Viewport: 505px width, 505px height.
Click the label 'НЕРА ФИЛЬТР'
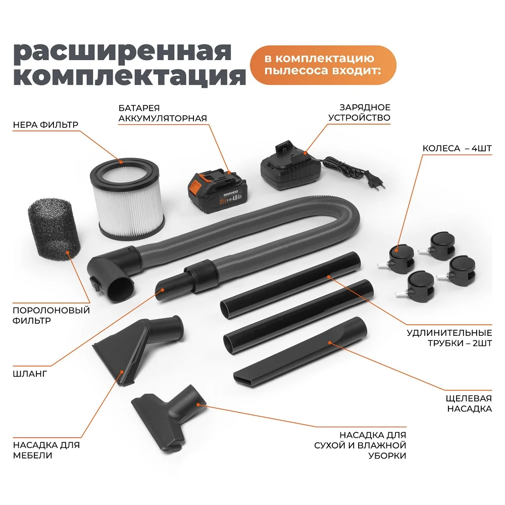[45, 124]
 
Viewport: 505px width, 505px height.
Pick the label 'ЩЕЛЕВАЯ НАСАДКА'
[469, 403]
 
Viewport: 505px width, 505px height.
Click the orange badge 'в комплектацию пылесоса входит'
[323, 65]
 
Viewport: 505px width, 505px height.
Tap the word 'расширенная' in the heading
[122, 52]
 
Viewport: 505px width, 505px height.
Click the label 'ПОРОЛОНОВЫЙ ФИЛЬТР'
[51, 315]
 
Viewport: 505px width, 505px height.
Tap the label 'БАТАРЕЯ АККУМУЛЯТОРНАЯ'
[163, 113]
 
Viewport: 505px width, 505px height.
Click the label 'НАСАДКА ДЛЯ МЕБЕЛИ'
[46, 450]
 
